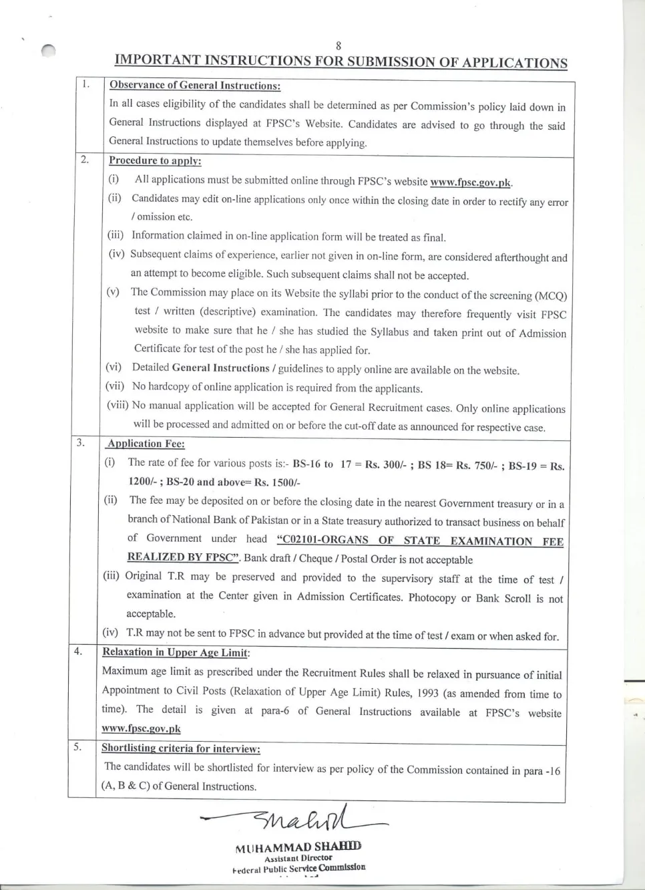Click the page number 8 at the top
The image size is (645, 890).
[339, 45]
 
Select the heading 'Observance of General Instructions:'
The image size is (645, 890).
[195, 86]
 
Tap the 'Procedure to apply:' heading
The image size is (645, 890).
[155, 161]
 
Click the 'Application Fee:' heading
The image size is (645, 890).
[146, 444]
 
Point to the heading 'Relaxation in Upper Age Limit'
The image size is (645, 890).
[175, 652]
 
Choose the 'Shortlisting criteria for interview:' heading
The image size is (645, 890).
[180, 748]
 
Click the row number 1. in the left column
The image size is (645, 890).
[85, 84]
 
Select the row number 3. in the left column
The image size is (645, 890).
[81, 442]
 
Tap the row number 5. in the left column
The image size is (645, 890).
[78, 747]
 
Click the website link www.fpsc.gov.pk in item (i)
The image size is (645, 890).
[471, 182]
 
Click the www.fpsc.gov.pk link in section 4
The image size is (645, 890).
[141, 729]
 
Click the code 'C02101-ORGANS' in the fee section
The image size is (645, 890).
[322, 540]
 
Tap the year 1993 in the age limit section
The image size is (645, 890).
[427, 693]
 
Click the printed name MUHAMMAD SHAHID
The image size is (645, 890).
[298, 847]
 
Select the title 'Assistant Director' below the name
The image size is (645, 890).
[298, 858]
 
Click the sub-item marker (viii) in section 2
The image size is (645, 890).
[118, 406]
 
